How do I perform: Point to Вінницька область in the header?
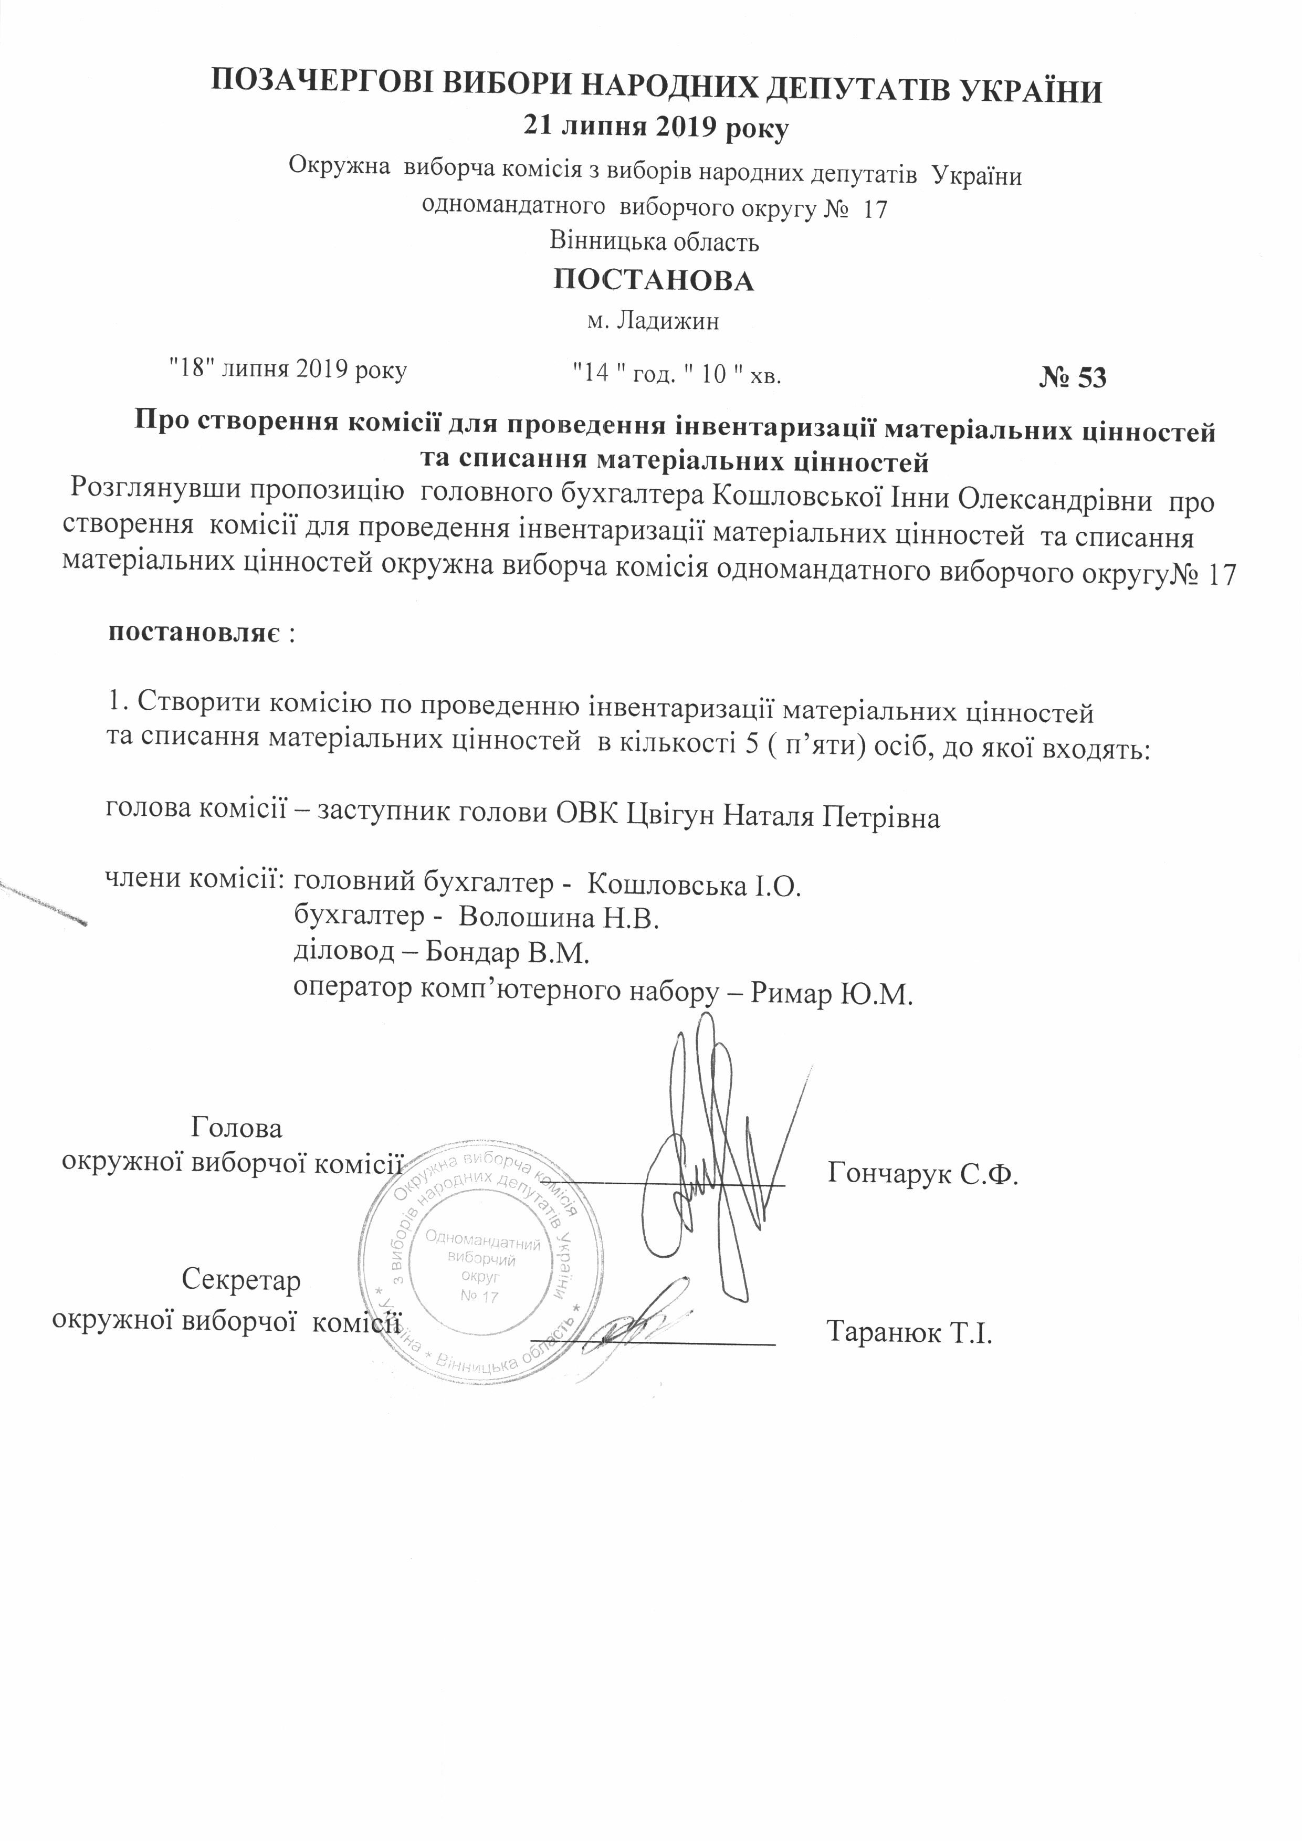pos(654,241)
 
